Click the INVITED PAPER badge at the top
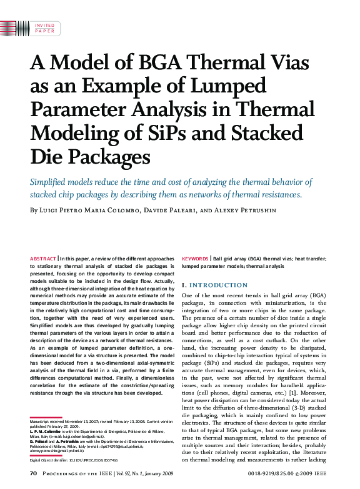(x=44, y=27)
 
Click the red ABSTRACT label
(x=42, y=258)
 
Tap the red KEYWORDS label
(x=195, y=258)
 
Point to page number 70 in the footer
(x=34, y=475)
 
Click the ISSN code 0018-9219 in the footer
(x=253, y=475)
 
